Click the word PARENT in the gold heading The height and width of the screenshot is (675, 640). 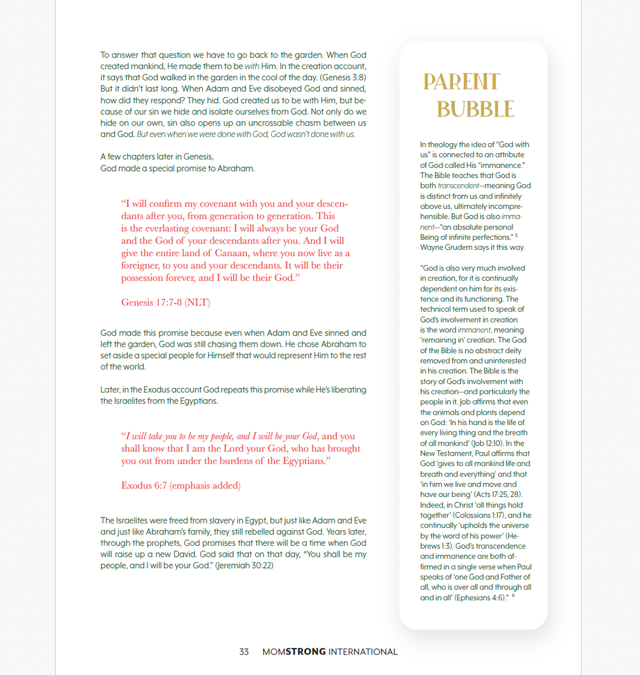[x=461, y=82]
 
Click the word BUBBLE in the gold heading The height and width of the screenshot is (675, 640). [x=475, y=109]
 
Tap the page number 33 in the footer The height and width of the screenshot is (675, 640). [x=244, y=652]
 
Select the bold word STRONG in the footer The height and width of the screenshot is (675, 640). [x=306, y=652]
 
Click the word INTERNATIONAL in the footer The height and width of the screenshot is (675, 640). [x=363, y=652]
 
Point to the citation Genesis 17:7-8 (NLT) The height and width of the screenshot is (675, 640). [x=166, y=302]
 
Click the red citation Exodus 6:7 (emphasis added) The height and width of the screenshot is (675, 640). [x=181, y=485]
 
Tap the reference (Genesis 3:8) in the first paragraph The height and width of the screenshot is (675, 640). [x=343, y=77]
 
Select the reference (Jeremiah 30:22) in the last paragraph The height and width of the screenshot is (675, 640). [x=245, y=566]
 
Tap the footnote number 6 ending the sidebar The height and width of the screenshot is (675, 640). [x=513, y=596]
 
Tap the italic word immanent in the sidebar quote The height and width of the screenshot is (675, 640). [x=474, y=330]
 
